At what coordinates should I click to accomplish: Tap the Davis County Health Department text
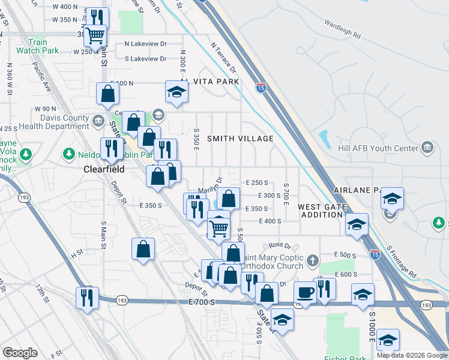[53, 122]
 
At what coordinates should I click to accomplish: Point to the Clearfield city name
[103, 170]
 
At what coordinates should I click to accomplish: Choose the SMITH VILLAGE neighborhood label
[240, 139]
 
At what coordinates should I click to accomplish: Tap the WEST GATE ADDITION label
[322, 211]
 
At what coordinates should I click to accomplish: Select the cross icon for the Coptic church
[312, 260]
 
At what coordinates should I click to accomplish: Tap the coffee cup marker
[306, 292]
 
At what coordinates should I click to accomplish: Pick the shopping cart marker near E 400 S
[219, 228]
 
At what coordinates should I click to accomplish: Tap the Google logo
[20, 352]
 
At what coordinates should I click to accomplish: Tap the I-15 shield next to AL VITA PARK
[261, 87]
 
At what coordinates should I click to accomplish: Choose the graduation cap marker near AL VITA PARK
[177, 91]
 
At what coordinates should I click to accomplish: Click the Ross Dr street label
[280, 245]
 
